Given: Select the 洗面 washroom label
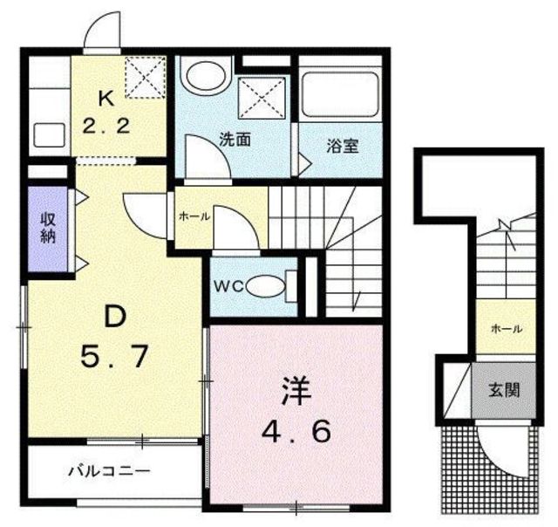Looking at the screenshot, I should point(235,137).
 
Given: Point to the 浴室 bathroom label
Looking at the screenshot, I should point(343,147).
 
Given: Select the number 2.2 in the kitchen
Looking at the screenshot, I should point(107,126).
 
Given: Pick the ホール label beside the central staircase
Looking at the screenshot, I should point(194,216).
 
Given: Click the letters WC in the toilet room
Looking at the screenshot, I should point(229,284).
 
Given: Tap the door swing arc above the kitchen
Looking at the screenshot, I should point(102,33).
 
